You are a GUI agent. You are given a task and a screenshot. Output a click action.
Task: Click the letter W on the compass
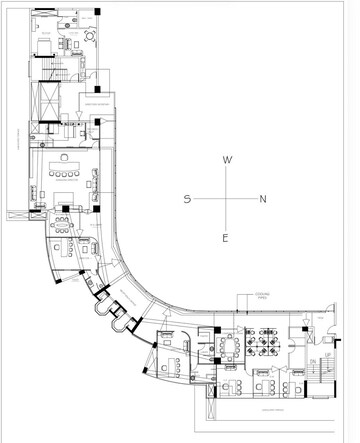coord(227,160)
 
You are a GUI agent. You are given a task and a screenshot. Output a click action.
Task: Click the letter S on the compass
coord(187,199)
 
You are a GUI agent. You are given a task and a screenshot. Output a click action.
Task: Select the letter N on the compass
coord(263,199)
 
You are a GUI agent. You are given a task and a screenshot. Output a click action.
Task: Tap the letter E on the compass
coord(226,238)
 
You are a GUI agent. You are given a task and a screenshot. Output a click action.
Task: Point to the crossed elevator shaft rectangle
coord(46,103)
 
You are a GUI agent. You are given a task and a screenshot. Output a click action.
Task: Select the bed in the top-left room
coord(46,45)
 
